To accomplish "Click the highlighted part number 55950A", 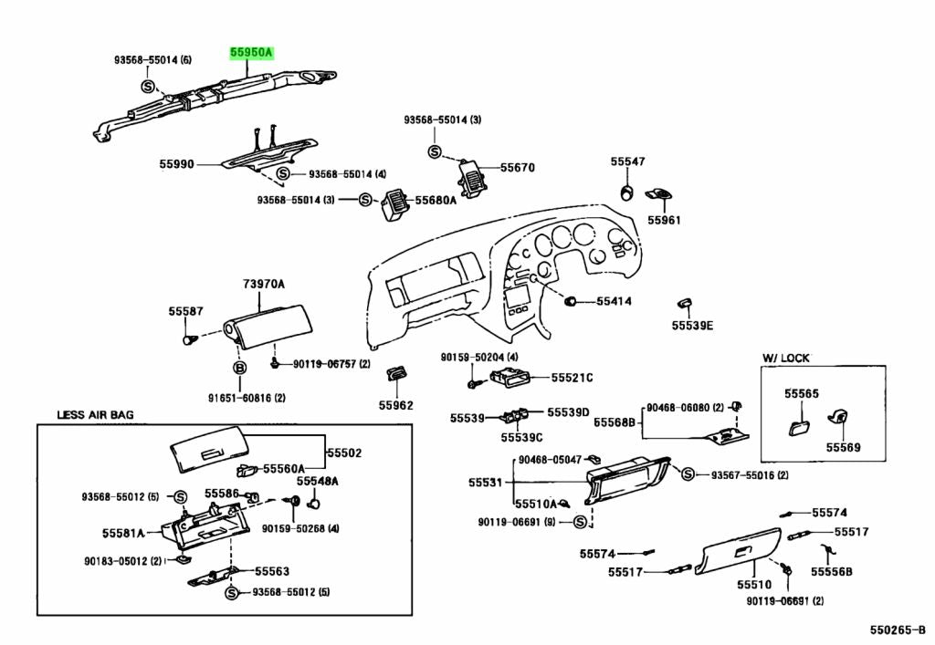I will [x=250, y=54].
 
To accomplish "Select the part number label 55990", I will [x=176, y=164].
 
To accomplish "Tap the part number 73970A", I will [x=264, y=285].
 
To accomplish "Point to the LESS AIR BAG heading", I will [x=95, y=414].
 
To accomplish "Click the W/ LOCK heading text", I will [x=786, y=358].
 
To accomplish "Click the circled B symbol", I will [x=240, y=367].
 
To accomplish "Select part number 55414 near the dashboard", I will [x=615, y=300].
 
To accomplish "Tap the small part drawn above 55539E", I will [x=684, y=302].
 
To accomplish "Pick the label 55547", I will [x=627, y=161].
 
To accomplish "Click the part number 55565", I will [x=802, y=394].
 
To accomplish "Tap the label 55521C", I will [x=571, y=378].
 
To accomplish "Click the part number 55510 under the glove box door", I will [x=754, y=584].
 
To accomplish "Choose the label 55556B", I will [x=833, y=572].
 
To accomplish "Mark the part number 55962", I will [x=396, y=405].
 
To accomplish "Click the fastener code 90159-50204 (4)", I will [x=479, y=357].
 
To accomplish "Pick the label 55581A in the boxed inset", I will [x=123, y=532].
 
